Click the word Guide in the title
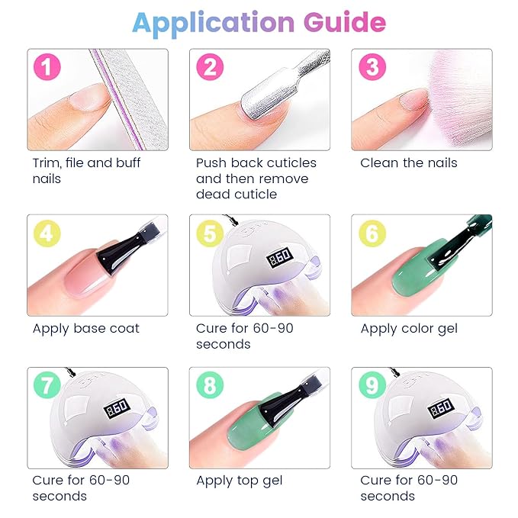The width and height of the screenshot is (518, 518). [x=344, y=22]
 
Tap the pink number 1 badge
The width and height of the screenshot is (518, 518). [x=47, y=66]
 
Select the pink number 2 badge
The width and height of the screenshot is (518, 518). [x=210, y=66]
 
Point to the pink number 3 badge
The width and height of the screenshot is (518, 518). [x=372, y=66]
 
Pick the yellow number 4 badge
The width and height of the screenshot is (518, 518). [x=47, y=233]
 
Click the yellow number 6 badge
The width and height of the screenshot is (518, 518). [x=372, y=233]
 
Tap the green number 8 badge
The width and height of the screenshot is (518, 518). [x=210, y=384]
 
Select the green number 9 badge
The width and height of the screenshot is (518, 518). [x=372, y=384]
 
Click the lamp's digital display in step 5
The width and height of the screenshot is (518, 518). [x=280, y=256]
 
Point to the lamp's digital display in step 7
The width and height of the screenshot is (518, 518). [x=117, y=409]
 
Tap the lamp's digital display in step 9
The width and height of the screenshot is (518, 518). [x=441, y=409]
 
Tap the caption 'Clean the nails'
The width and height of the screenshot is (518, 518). [x=409, y=162]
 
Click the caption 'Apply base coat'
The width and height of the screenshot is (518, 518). [x=86, y=329]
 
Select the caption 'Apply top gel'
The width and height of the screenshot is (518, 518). [x=240, y=481]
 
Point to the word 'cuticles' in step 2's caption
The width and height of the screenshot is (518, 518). [x=291, y=162]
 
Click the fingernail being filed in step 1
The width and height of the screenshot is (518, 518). [x=89, y=98]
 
